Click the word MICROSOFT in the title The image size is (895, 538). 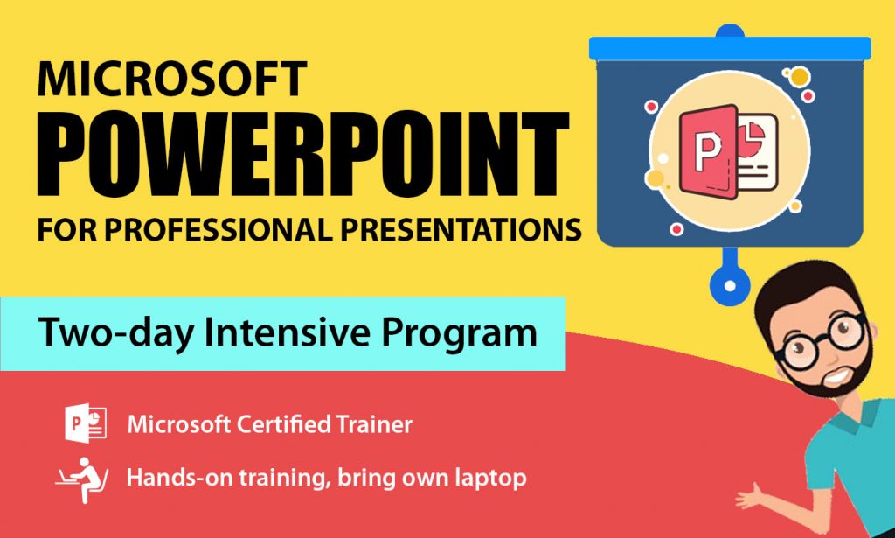point(172,79)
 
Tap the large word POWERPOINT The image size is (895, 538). point(303,153)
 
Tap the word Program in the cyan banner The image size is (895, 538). point(460,334)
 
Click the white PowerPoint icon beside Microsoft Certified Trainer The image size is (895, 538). point(86,423)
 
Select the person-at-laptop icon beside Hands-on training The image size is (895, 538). point(82,479)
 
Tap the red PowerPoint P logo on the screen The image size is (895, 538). point(708,150)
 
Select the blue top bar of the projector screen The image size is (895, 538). point(730,48)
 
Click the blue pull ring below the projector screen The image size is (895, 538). point(730,284)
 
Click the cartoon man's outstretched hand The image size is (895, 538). point(751,497)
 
